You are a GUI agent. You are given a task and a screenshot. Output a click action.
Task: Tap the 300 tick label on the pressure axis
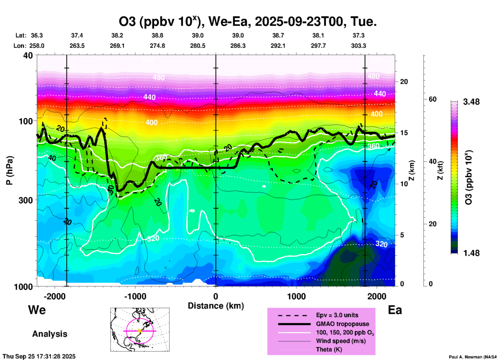click(26, 200)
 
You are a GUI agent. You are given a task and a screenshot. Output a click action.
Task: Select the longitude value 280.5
click(198, 46)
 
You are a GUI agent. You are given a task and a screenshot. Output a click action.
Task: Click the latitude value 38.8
click(157, 35)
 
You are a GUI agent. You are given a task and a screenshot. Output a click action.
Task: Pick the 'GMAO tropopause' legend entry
click(342, 324)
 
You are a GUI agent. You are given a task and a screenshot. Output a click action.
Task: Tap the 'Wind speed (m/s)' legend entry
click(341, 341)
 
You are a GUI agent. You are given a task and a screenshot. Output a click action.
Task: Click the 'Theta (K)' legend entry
click(329, 349)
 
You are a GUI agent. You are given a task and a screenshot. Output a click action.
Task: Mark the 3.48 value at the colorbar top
click(471, 102)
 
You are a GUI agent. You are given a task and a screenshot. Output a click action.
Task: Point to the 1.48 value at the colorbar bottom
click(471, 253)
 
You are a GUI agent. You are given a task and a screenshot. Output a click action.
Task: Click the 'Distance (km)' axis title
click(216, 306)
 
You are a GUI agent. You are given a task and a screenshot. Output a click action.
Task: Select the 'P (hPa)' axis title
click(9, 170)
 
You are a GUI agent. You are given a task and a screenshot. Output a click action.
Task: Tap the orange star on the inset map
click(140, 331)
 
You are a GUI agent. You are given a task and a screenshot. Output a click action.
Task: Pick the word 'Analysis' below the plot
click(50, 334)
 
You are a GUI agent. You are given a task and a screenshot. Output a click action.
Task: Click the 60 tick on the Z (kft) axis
click(432, 99)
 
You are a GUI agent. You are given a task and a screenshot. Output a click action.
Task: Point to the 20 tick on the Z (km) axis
click(404, 82)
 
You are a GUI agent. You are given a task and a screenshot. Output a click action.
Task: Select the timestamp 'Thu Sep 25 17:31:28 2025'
click(39, 356)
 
